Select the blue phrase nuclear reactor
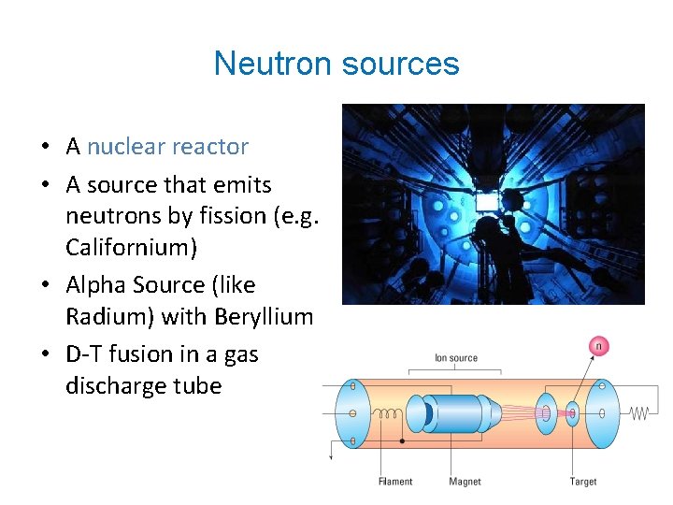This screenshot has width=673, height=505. pyautogui.click(x=168, y=147)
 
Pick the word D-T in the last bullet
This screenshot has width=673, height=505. pyautogui.click(x=88, y=353)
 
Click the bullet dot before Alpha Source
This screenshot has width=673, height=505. pyautogui.click(x=44, y=285)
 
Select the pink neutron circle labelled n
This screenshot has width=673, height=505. pyautogui.click(x=598, y=347)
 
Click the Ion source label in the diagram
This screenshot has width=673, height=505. pyautogui.click(x=456, y=358)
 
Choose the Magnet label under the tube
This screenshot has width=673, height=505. pyautogui.click(x=465, y=482)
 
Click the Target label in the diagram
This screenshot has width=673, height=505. pyautogui.click(x=583, y=482)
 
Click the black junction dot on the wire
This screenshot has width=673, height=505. pyautogui.click(x=402, y=440)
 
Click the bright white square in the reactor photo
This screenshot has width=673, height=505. pyautogui.click(x=485, y=200)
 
